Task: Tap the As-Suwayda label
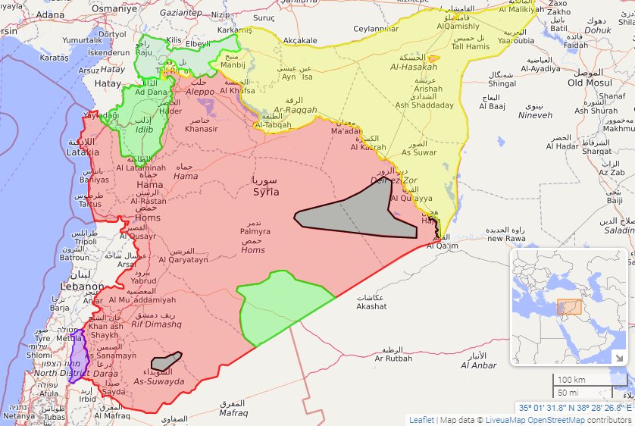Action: [x=159, y=381]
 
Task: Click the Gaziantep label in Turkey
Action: [x=181, y=13]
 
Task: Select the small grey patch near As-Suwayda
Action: [x=166, y=362]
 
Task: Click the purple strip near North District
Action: [x=77, y=359]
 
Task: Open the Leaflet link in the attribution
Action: [x=421, y=419]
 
